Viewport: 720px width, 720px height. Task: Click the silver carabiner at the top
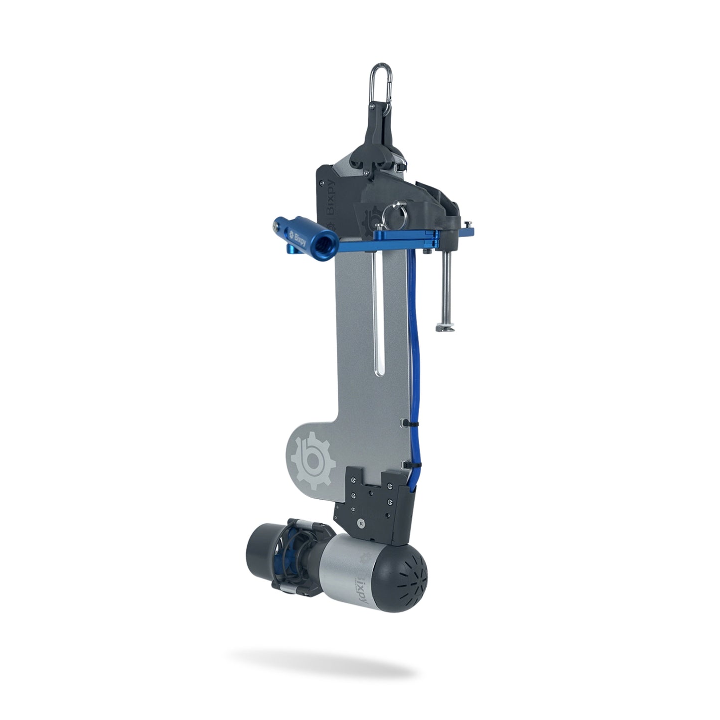point(377,79)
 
